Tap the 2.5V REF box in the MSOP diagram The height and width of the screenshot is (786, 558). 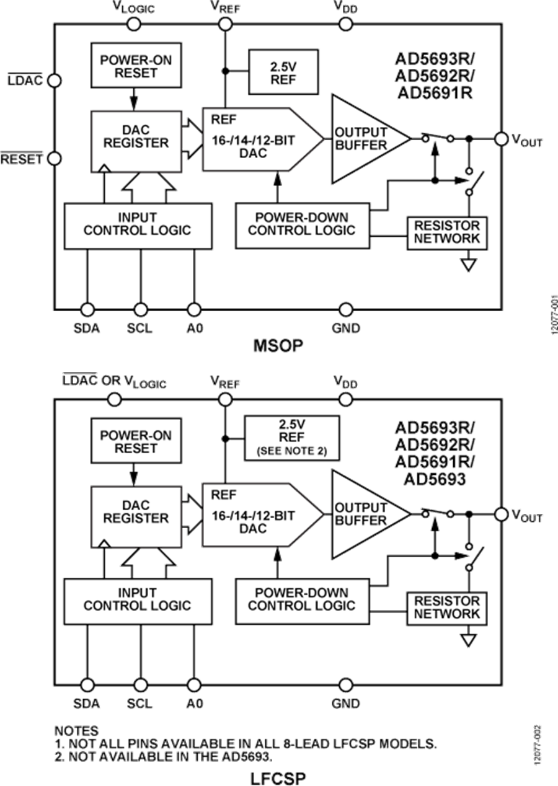click(x=283, y=72)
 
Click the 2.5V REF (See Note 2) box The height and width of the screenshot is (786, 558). click(x=292, y=438)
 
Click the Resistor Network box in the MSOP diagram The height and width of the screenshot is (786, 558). click(x=446, y=232)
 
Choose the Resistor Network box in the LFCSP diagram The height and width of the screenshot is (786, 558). click(x=446, y=607)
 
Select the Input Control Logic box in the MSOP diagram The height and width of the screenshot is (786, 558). click(x=137, y=224)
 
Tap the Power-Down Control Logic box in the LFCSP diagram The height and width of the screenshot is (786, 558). click(x=302, y=599)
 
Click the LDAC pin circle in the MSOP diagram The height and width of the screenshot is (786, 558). click(x=55, y=81)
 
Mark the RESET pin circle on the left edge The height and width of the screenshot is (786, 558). click(x=55, y=159)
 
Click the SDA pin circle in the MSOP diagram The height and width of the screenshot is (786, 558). click(x=87, y=309)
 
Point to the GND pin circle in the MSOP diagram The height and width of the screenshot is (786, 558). click(x=345, y=309)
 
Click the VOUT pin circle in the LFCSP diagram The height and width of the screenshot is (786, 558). click(x=501, y=514)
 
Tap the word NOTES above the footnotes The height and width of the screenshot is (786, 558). click(x=76, y=731)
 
